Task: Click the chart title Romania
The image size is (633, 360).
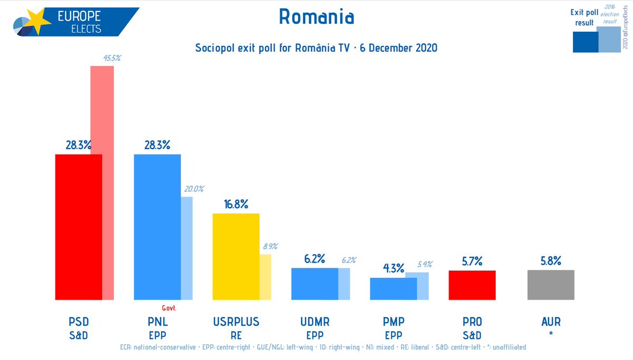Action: point(316,17)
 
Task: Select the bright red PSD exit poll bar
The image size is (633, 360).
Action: point(79,227)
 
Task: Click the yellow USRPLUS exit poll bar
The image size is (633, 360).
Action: point(236,257)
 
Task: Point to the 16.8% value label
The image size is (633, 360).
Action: point(236,205)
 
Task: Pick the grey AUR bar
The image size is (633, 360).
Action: point(551,285)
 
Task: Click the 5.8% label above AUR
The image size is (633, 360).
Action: point(551,261)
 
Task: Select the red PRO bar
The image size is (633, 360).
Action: point(472,285)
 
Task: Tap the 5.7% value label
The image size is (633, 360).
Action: point(472,261)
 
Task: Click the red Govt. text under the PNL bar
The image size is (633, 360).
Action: point(168,308)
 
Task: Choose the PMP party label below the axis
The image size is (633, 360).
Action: point(393,322)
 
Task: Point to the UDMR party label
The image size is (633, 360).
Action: point(314,322)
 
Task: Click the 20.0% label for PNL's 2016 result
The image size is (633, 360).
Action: point(194,189)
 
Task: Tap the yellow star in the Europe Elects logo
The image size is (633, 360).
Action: point(36,21)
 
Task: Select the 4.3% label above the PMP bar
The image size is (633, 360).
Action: point(393,268)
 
